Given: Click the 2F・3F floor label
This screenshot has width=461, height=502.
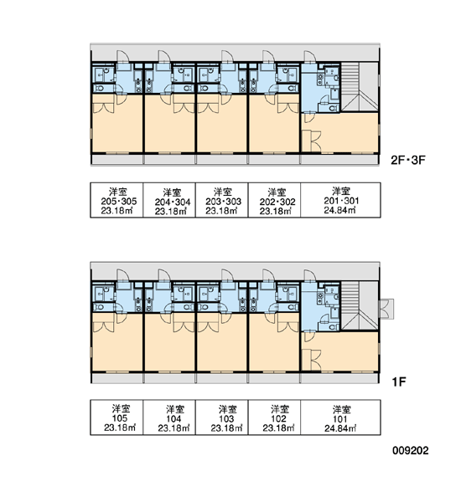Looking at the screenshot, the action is (407, 160).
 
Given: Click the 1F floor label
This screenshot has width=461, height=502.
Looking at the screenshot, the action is (399, 382).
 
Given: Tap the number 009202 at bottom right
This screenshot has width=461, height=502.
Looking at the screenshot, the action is (411, 450).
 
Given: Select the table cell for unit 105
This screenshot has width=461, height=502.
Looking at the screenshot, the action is (117, 417).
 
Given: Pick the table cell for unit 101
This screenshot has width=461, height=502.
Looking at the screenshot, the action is (340, 417).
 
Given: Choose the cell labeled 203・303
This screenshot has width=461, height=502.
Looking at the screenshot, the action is (221, 200).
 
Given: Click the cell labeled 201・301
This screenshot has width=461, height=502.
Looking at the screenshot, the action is (340, 200).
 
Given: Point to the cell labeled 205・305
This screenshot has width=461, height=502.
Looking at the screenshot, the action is (117, 200).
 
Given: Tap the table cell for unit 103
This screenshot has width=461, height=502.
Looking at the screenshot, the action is (221, 417).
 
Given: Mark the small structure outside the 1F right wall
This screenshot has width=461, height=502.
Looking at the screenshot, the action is (386, 309).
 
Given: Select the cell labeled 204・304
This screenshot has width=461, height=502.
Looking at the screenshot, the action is (169, 200).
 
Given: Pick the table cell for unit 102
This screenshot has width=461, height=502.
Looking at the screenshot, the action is (274, 417).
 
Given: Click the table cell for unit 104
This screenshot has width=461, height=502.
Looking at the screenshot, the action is (169, 417).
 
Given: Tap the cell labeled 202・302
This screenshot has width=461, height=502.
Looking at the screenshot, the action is (274, 200).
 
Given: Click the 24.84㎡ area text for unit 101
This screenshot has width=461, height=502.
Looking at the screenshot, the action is (340, 428).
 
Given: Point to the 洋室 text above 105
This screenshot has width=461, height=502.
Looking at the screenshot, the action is (121, 408).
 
